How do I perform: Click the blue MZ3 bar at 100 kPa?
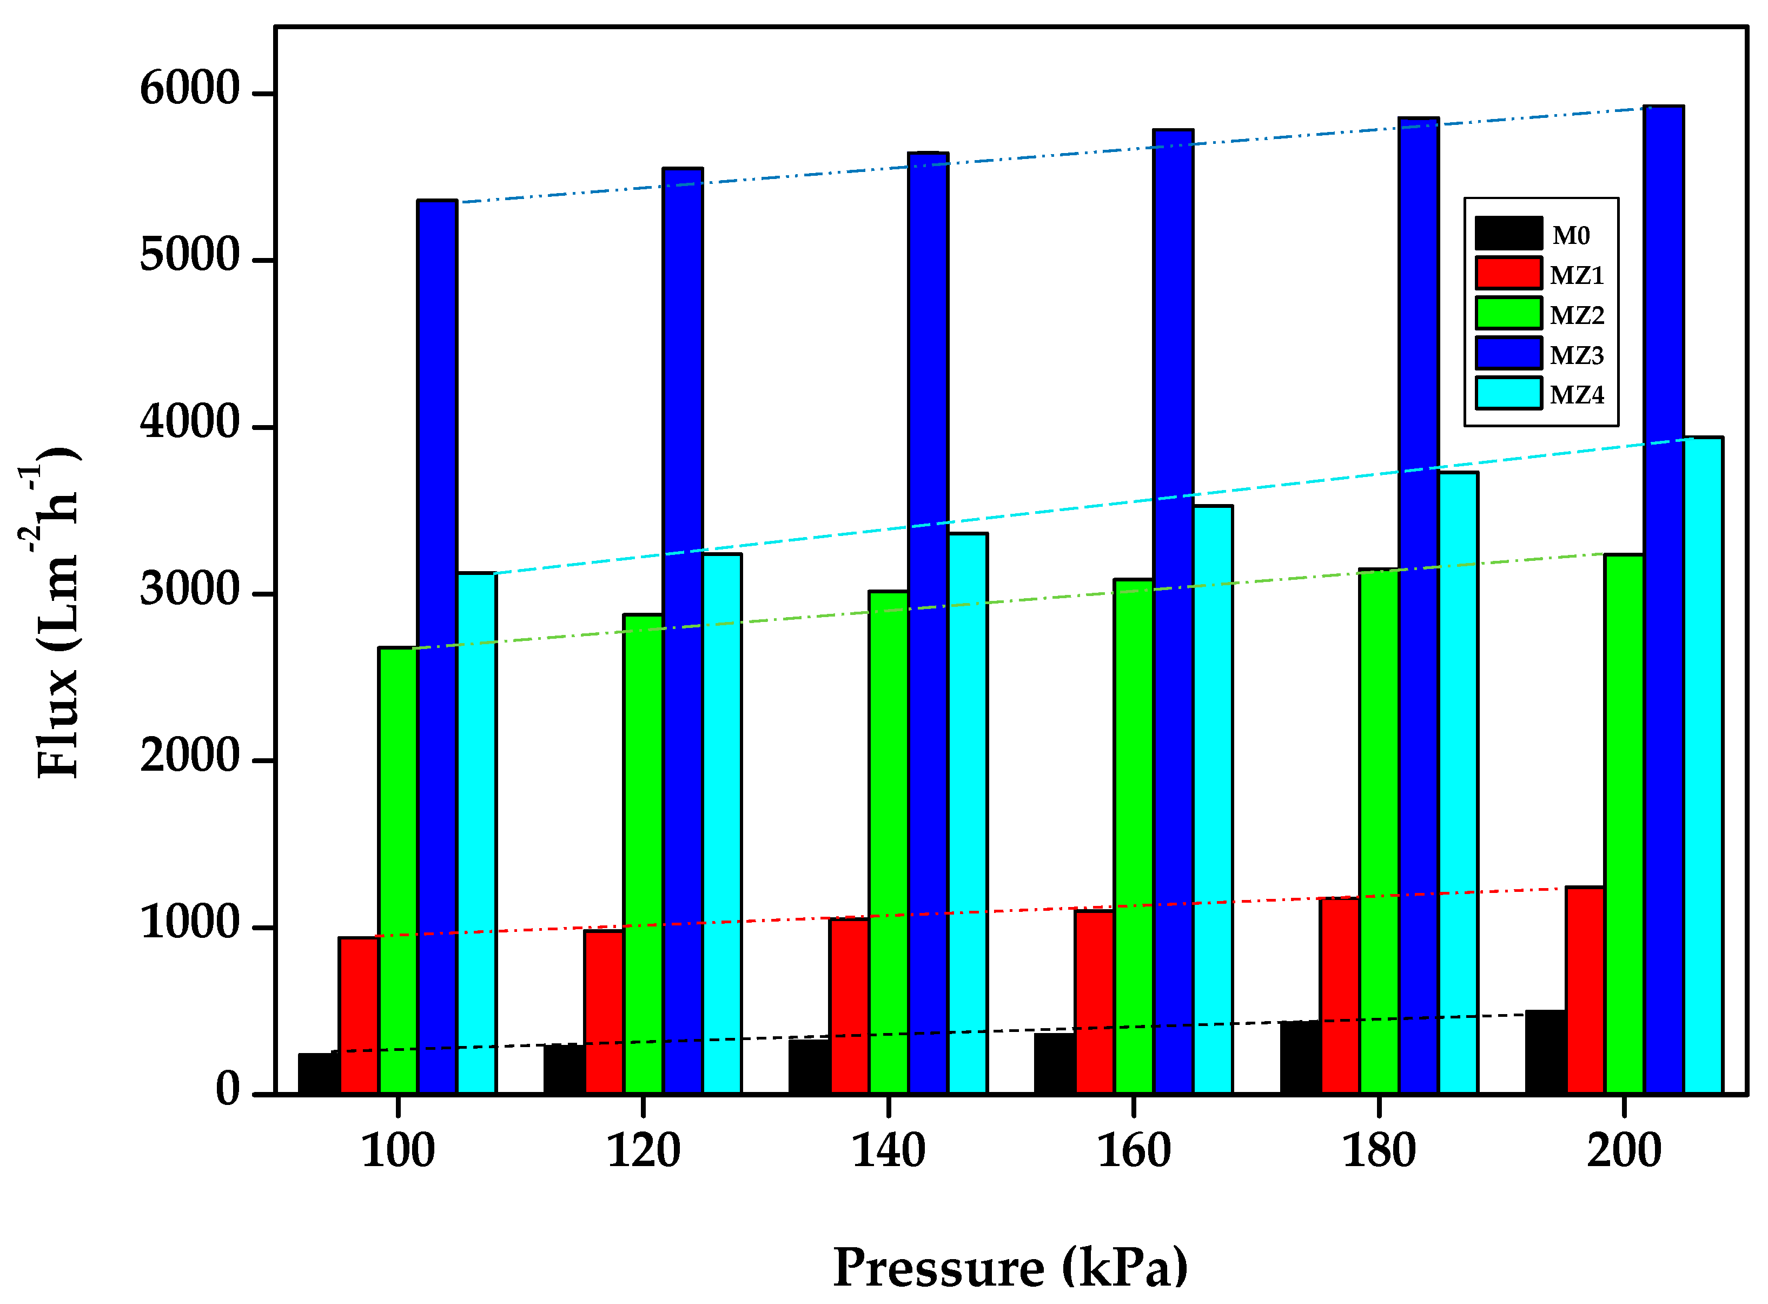(437, 647)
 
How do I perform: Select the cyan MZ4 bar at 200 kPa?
(1703, 766)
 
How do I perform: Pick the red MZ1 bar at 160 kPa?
(1094, 1002)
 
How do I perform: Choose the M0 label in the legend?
(1571, 235)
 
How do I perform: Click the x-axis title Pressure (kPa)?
(1010, 1268)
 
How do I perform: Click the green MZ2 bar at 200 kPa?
(1624, 824)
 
